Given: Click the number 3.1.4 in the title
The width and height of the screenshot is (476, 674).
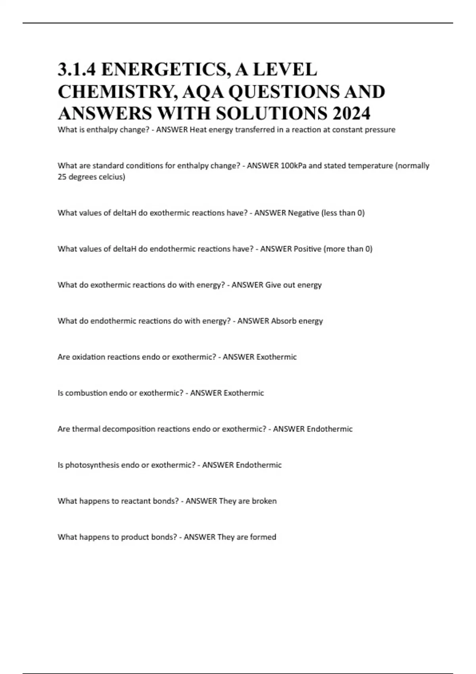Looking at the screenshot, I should coord(76,70).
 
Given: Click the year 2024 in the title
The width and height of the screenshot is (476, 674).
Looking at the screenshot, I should coord(351,113).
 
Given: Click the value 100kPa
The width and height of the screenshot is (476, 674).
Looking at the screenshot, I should coord(294,166).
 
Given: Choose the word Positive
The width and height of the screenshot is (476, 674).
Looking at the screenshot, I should coord(307,249).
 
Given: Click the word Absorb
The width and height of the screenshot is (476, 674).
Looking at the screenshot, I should coord(283,321).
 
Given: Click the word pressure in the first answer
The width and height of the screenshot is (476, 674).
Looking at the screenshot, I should coord(380,130).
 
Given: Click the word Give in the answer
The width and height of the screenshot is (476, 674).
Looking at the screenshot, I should coord(273,285).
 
